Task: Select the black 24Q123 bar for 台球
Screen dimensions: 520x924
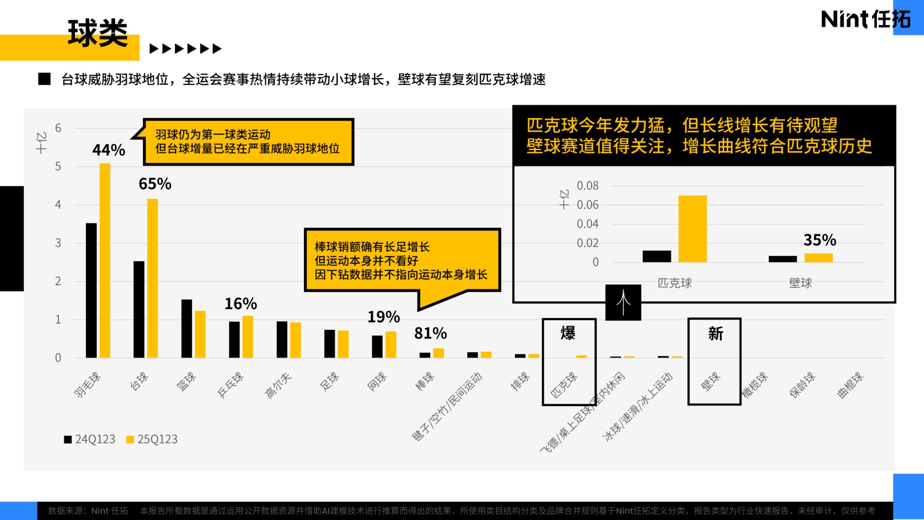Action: tap(139, 309)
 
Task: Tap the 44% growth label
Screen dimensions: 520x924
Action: tap(109, 150)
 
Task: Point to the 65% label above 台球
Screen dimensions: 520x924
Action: tap(155, 184)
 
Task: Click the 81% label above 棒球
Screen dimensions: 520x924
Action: tap(430, 333)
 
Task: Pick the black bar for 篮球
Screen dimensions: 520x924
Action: tap(186, 328)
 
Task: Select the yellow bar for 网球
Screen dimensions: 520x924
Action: tap(391, 344)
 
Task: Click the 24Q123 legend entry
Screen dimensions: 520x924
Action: tap(90, 439)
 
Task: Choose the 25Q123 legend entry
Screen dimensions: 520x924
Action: tap(152, 439)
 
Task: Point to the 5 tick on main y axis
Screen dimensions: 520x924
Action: tap(58, 166)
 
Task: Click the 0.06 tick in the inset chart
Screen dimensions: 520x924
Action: tap(587, 205)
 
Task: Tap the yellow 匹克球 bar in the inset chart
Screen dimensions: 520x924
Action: tap(692, 229)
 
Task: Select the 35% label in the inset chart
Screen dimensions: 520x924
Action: tap(820, 240)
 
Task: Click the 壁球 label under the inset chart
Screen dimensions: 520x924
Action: tap(800, 283)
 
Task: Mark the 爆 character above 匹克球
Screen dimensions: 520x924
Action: tap(568, 333)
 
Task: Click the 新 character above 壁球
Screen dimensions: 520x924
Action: tap(715, 334)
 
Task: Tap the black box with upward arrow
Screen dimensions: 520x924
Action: tap(623, 303)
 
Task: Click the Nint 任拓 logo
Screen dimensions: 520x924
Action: tap(865, 19)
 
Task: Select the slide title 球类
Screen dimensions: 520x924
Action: tap(97, 33)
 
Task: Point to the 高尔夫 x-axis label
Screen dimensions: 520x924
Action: tap(278, 385)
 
